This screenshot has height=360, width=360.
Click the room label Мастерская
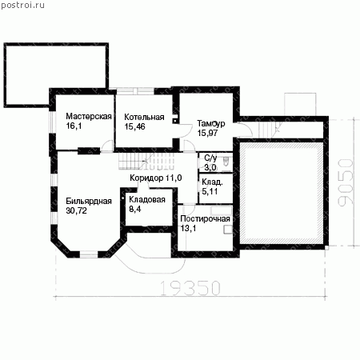point(89,117)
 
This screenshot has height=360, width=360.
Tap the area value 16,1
point(74,126)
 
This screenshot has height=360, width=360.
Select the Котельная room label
point(144,117)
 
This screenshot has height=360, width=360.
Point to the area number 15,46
point(134,126)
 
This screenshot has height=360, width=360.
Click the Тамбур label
point(211,123)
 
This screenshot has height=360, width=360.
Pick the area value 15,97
point(207,133)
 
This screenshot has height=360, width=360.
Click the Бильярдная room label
point(89,201)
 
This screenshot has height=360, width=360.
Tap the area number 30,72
point(76,210)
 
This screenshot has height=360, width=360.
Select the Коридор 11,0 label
point(156,178)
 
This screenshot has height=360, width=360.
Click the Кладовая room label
point(147,199)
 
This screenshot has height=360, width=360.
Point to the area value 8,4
point(135,209)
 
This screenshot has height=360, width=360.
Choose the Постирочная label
point(205,218)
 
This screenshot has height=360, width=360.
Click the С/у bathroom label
point(210,158)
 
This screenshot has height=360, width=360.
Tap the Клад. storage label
point(212,182)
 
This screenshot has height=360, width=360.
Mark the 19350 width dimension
point(190,288)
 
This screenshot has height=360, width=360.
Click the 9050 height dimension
point(346,182)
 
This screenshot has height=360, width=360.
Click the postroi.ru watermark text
point(22,5)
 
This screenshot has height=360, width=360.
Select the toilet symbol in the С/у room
point(226,161)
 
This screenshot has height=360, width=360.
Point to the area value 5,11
point(210,191)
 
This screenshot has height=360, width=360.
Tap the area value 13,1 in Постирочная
point(188,228)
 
